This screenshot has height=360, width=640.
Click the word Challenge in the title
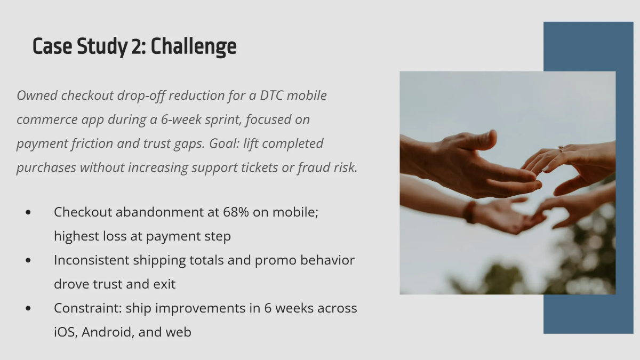(x=194, y=46)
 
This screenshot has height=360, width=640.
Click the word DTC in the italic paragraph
(x=271, y=95)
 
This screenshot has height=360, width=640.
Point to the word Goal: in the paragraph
(x=225, y=143)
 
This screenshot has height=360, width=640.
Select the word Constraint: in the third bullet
(x=88, y=308)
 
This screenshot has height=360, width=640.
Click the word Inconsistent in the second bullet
(x=92, y=260)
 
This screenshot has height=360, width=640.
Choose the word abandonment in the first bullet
(x=159, y=212)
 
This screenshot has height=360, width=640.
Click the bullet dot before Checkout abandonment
(x=28, y=212)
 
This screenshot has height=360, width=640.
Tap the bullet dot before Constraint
(x=28, y=308)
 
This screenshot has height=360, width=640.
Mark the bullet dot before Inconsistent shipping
(x=28, y=260)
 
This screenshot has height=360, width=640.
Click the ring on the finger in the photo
(x=561, y=149)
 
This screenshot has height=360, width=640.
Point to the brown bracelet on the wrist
(x=470, y=212)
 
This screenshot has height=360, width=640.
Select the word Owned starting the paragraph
(x=37, y=95)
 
